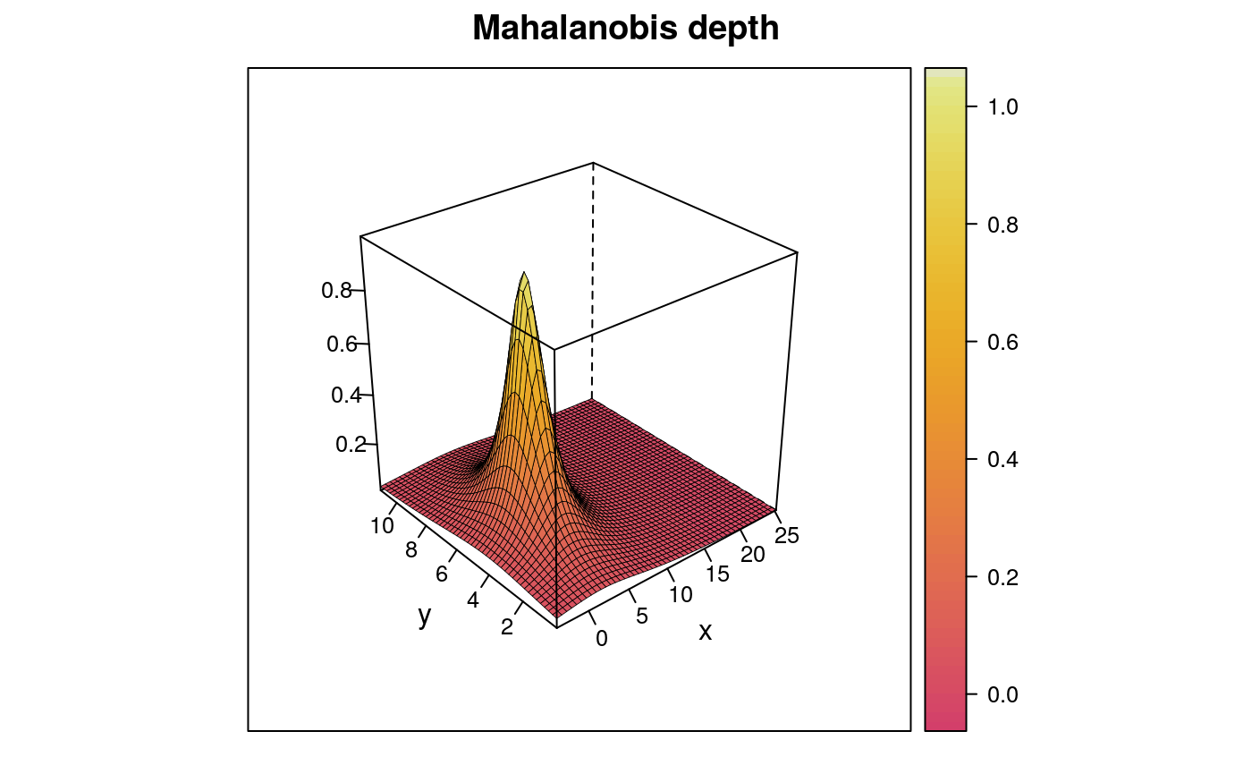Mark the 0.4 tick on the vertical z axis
pos(348,395)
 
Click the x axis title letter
pos(706,632)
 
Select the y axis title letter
pos(424,617)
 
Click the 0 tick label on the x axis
pos(601,638)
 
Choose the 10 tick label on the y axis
pos(382,525)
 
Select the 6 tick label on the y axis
pos(442,574)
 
